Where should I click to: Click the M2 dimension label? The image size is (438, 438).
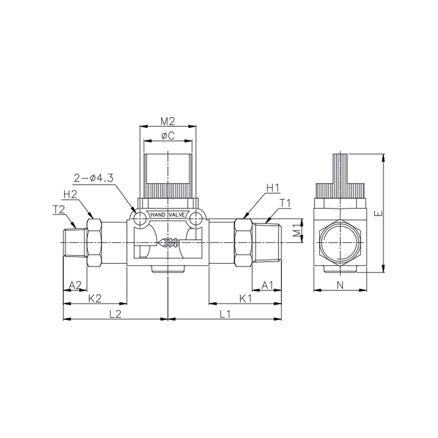click(x=168, y=121)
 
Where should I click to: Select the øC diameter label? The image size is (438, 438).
click(x=168, y=136)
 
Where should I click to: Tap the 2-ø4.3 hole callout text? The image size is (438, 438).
click(x=94, y=178)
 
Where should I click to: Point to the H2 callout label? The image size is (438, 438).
click(x=70, y=195)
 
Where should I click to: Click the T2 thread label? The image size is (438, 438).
click(x=59, y=209)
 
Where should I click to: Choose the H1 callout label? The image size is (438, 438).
click(x=273, y=188)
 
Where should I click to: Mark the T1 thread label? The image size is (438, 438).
click(x=285, y=203)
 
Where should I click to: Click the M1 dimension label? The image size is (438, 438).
click(x=297, y=230)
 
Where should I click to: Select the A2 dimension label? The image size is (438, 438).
click(x=75, y=285)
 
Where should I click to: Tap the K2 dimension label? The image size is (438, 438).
click(x=95, y=299)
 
